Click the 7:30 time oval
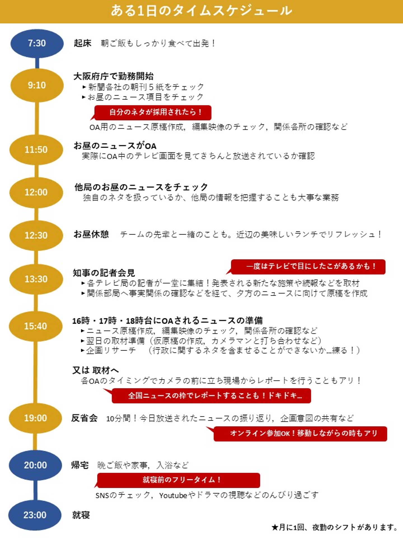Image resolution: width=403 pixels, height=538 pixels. (37, 43)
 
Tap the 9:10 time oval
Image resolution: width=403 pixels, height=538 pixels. (37, 85)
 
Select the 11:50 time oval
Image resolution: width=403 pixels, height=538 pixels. (36, 150)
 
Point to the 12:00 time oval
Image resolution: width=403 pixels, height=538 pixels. (36, 192)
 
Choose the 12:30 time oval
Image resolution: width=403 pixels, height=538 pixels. (36, 235)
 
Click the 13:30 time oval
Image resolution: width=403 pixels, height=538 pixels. (36, 279)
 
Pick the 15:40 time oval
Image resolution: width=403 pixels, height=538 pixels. (36, 326)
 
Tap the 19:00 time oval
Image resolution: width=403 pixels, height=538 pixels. (35, 418)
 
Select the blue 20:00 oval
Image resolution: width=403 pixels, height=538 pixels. (35, 465)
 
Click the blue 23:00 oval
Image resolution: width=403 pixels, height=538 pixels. (35, 515)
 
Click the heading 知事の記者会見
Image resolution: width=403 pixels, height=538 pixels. (104, 273)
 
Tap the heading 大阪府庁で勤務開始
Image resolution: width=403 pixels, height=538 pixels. (113, 76)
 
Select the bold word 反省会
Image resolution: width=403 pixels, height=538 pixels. (84, 418)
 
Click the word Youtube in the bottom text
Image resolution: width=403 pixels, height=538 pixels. (173, 496)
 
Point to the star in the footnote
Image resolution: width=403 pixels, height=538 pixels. (275, 527)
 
